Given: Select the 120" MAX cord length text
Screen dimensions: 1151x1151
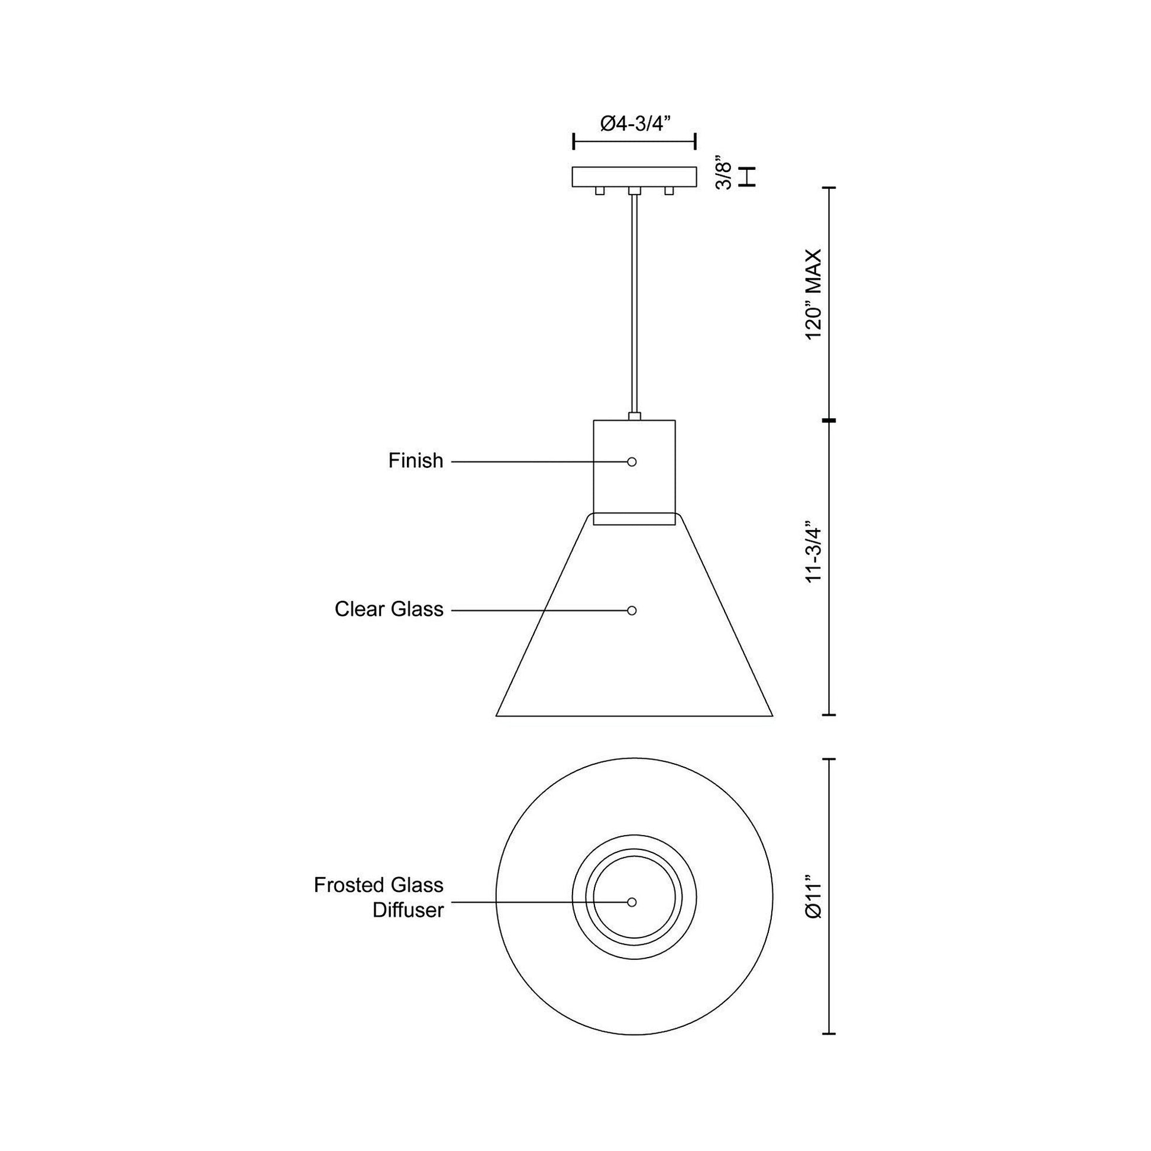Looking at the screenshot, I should pyautogui.click(x=813, y=295).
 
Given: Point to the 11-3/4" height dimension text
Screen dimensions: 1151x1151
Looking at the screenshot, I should pyautogui.click(x=813, y=555).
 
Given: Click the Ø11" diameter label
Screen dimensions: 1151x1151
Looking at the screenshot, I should pyautogui.click(x=813, y=897).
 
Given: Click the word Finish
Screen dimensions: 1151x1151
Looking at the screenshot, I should pyautogui.click(x=416, y=461).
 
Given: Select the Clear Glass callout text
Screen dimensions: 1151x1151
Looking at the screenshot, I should pyautogui.click(x=389, y=609).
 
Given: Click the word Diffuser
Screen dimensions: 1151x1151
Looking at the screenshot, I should pyautogui.click(x=408, y=910).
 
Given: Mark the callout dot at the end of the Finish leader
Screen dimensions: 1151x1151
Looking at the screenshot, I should pyautogui.click(x=632, y=462).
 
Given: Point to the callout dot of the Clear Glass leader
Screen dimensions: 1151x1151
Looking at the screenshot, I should pyautogui.click(x=632, y=610).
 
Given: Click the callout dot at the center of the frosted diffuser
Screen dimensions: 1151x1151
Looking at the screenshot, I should pyautogui.click(x=632, y=902).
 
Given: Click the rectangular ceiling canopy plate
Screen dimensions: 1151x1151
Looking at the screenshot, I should pyautogui.click(x=635, y=176).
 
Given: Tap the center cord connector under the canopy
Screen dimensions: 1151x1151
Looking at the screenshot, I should pyautogui.click(x=635, y=191).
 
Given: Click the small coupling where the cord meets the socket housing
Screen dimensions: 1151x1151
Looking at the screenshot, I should pyautogui.click(x=635, y=416).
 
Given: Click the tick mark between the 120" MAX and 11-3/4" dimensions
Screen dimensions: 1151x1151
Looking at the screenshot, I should pyautogui.click(x=829, y=421).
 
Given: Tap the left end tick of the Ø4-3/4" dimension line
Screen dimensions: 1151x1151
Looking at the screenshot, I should pyautogui.click(x=573, y=142).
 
